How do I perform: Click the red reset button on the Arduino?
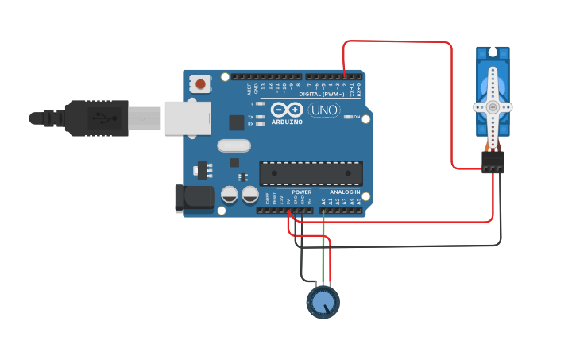pyautogui.click(x=200, y=83)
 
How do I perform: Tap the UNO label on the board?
pyautogui.click(x=323, y=110)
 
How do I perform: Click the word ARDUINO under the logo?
pyautogui.click(x=286, y=122)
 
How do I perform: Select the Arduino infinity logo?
pyautogui.click(x=286, y=110)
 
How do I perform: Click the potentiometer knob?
pyautogui.click(x=323, y=303)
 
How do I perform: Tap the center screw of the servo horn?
pyautogui.click(x=493, y=106)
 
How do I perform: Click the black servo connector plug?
pyautogui.click(x=493, y=162)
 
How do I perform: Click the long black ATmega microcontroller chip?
pyautogui.click(x=311, y=172)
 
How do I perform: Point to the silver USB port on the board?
pyautogui.click(x=187, y=118)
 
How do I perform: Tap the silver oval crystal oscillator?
pyautogui.click(x=233, y=145)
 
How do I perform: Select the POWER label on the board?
pyautogui.click(x=302, y=192)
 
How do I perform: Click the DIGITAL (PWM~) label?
pyautogui.click(x=322, y=95)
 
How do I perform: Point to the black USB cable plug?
pyautogui.click(x=95, y=118)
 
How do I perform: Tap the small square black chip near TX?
pyautogui.click(x=236, y=122)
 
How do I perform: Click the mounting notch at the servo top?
pyautogui.click(x=493, y=52)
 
